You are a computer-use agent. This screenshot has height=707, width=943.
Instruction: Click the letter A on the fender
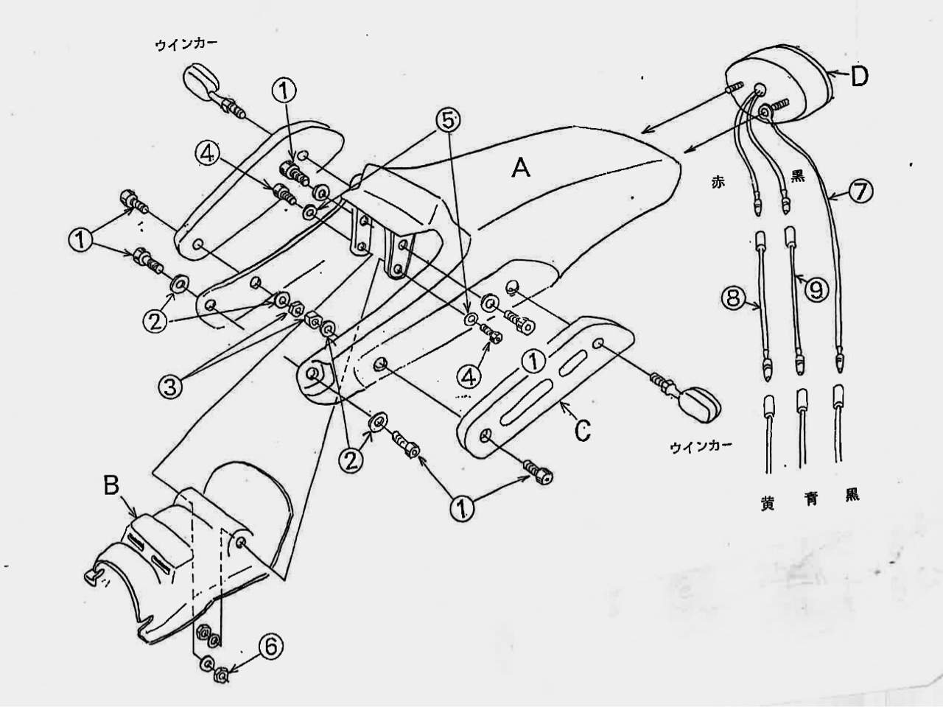[x=521, y=167]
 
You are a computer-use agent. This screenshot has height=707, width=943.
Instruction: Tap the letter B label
[x=111, y=486]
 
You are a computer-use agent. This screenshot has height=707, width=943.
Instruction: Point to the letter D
[x=859, y=77]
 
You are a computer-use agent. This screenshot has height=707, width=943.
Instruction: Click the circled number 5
[x=447, y=121]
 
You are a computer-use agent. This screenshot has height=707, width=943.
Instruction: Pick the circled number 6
[x=271, y=647]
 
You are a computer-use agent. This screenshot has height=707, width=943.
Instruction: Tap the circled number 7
[x=861, y=192]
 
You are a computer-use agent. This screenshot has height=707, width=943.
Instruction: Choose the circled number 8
[x=732, y=299]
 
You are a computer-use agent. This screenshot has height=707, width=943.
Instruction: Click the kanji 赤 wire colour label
[x=718, y=182]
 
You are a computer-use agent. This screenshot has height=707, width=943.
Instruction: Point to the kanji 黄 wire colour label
[x=767, y=504]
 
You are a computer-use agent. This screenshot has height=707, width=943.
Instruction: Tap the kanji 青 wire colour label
[x=810, y=499]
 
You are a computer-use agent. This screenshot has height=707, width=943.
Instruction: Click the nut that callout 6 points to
[x=221, y=675]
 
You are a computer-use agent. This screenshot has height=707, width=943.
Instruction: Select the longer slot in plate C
[x=525, y=398]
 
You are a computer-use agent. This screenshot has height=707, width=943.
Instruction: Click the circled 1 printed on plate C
[x=533, y=362]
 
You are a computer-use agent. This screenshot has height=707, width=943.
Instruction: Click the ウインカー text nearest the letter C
[x=701, y=446]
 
